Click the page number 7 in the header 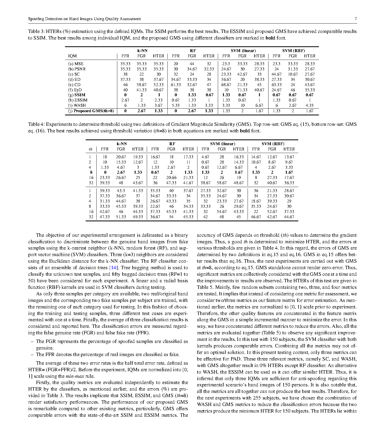click(355, 19)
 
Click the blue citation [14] click(114, 268)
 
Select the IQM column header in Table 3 click(72, 56)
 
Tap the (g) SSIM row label click(77, 95)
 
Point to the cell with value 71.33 click(242, 90)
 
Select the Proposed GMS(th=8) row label click(91, 111)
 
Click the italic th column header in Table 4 click(90, 149)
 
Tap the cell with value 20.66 click(171, 178)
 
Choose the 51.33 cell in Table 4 click(121, 217)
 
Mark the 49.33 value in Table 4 click(138, 217)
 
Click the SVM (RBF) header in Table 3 click(293, 51)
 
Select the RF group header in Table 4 click(172, 144)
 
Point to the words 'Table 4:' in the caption click(36, 124)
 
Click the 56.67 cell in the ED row click(226, 80)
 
